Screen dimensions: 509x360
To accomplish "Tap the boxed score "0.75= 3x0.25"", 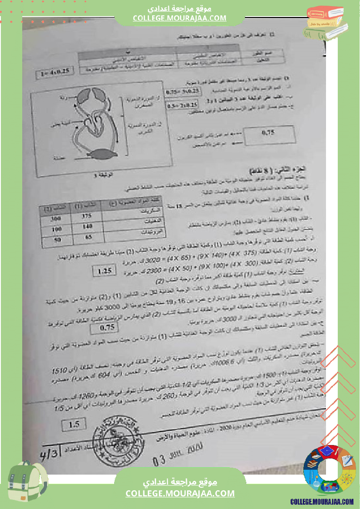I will [x=183, y=91].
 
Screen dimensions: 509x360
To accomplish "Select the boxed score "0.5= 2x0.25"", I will [x=183, y=105].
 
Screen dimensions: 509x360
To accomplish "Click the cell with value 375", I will [x=87, y=216].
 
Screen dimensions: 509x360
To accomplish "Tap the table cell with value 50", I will [x=57, y=240].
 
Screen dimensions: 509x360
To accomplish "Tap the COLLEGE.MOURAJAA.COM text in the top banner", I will [x=180, y=18].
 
